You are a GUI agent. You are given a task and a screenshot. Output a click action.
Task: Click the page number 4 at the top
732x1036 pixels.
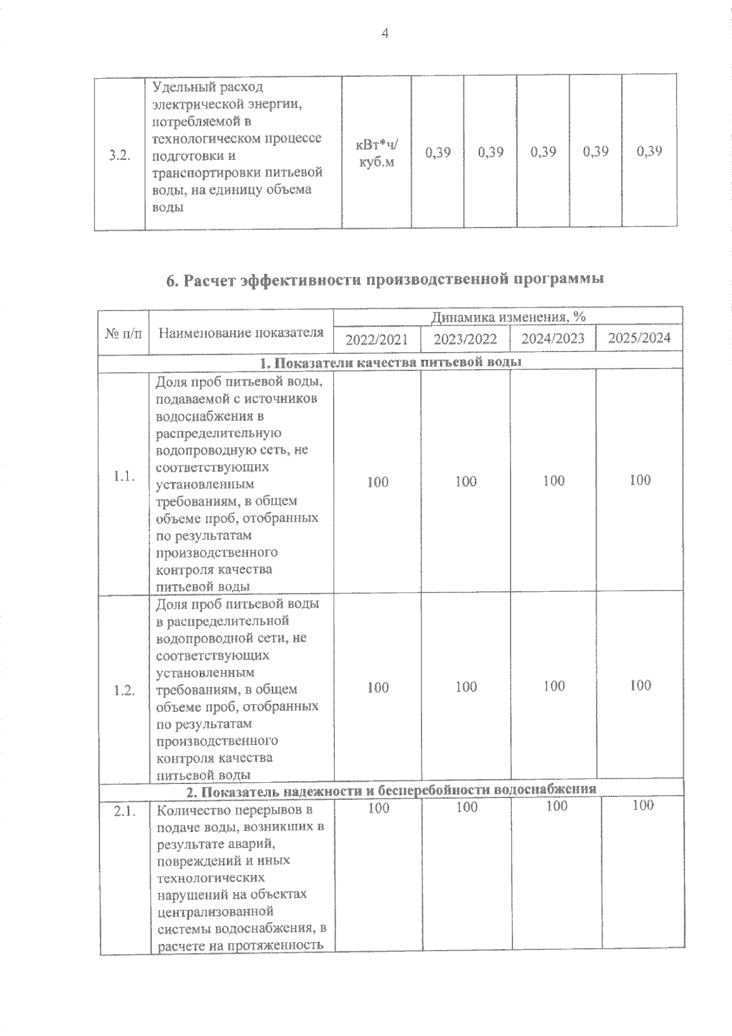point(384,34)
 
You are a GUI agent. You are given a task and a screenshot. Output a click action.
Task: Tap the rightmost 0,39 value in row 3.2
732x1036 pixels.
point(649,151)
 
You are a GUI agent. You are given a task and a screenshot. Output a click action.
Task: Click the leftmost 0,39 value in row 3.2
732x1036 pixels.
point(437,152)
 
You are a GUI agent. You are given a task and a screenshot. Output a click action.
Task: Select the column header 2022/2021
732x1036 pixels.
point(376,339)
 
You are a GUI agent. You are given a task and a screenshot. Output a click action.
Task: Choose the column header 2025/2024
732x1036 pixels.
point(639,338)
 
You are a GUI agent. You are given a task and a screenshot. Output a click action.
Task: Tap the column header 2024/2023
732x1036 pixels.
point(553,339)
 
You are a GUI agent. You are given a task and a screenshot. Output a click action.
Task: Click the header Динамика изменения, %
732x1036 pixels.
point(508,317)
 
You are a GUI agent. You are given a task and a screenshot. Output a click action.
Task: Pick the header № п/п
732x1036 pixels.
point(123,333)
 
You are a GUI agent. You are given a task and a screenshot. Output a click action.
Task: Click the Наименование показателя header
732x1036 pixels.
point(241,333)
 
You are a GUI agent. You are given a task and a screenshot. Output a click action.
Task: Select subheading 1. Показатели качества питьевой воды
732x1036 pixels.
point(390,362)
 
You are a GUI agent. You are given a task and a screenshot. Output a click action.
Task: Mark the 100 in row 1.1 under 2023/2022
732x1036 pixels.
point(466,482)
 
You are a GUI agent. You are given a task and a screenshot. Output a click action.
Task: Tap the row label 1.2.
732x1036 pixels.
point(124,691)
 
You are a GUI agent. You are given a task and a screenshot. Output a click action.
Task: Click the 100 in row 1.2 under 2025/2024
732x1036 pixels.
point(640,686)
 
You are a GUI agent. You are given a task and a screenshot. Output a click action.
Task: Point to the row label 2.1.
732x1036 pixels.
point(124,811)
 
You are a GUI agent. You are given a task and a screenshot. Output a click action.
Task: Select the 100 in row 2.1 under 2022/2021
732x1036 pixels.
point(378,808)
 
